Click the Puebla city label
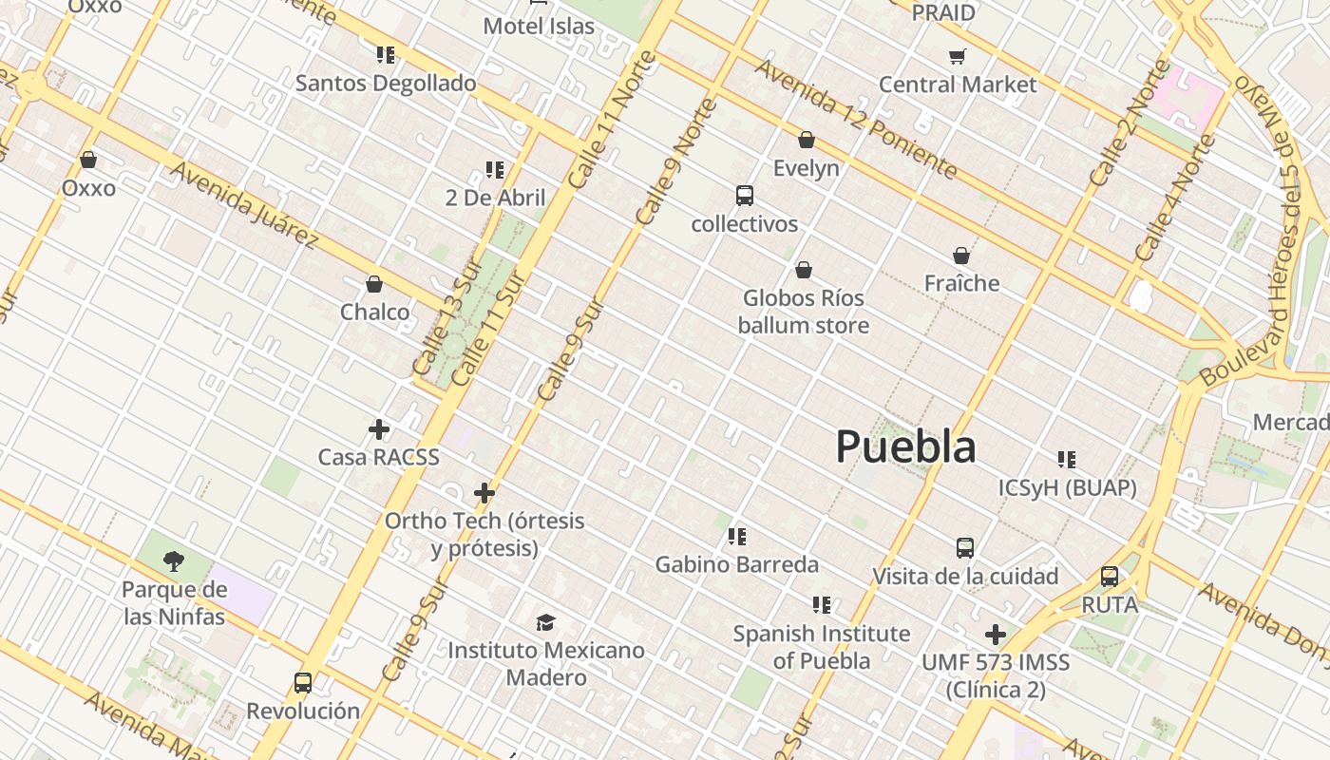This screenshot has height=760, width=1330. coord(905,446)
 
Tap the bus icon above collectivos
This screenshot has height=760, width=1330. coord(745,196)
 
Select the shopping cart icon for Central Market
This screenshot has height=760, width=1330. coord(958,56)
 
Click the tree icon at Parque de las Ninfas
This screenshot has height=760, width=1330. coord(173,561)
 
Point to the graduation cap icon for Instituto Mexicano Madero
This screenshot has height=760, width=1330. coord(545,622)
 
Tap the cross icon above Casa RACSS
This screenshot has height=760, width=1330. coord(379,429)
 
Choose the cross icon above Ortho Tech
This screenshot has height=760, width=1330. coord(484,493)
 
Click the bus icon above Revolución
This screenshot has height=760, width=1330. coord(303,682)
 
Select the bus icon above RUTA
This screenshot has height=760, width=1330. coord(1109,577)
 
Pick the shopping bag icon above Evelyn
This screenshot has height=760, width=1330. coord(807,141)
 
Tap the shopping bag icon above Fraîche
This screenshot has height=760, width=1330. coord(961,256)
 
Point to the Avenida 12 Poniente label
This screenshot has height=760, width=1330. coord(855,118)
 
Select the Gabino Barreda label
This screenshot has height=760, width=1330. coord(736,564)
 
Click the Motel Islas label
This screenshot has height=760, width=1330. coord(539,26)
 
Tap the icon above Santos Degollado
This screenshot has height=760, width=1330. coord(385,55)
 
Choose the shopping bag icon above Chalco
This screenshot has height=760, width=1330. coord(374,284)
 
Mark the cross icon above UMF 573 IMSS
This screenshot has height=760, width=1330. coord(996,634)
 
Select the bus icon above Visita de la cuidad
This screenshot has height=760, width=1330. coord(965,548)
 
